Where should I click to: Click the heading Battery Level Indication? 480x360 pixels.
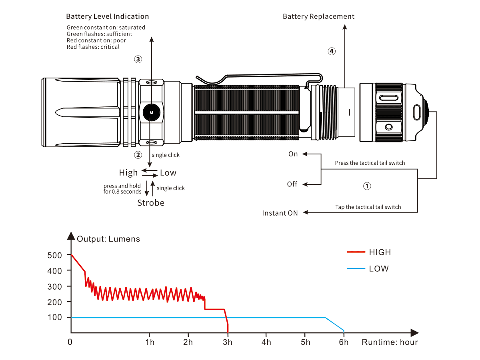coord(107,17)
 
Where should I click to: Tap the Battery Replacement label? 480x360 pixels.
coord(318,17)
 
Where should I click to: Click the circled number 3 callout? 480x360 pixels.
coord(138,60)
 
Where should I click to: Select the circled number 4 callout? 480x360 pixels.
coord(332,51)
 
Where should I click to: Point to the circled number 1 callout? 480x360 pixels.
coord(367,186)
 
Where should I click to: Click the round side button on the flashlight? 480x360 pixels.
coord(152,113)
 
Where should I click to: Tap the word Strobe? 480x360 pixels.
coord(151,203)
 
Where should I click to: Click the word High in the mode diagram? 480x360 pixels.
coord(128,173)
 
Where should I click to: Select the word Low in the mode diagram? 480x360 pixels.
coord(168,173)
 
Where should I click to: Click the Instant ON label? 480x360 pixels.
coord(280,213)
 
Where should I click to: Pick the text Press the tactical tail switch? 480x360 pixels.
coord(370,163)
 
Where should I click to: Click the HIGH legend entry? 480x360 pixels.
coord(380,252)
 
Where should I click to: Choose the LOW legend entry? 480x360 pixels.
coord(378,268)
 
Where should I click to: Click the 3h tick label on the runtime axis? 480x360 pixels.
coord(228,342)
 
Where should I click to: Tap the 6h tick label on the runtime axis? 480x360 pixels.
coord(344,342)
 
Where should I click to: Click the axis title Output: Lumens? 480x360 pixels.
coord(108,239)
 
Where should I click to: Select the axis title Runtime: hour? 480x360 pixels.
coord(390,342)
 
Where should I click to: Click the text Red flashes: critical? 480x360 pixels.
coord(93,47)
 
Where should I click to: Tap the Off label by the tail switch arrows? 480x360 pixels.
coord(292,184)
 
